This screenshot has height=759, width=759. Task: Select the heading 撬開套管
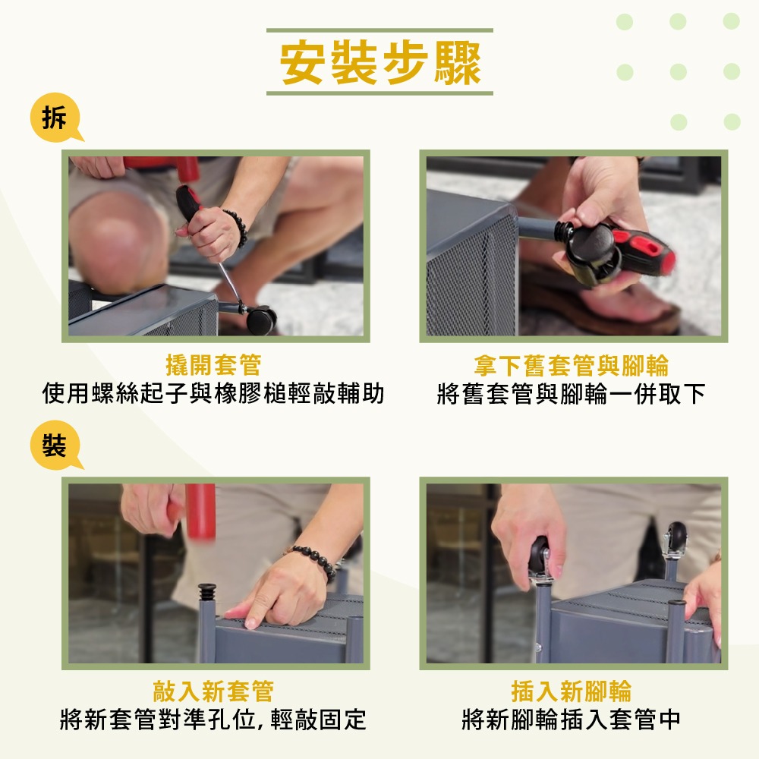click(x=213, y=366)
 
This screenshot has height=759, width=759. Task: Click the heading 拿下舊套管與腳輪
click(x=571, y=366)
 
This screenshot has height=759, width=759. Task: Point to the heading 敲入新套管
click(x=213, y=691)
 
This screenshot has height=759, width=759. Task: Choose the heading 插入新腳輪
click(x=571, y=691)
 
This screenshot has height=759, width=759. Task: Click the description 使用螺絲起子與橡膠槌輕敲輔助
click(x=213, y=394)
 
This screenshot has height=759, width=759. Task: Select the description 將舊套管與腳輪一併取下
click(x=571, y=394)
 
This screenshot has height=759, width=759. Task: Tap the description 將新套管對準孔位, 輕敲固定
click(x=213, y=720)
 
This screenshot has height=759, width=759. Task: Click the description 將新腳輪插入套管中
click(x=571, y=720)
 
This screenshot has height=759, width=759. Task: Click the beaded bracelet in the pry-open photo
click(x=237, y=228)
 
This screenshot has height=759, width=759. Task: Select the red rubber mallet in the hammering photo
click(x=200, y=510)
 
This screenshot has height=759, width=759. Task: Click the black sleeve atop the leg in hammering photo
click(x=207, y=593)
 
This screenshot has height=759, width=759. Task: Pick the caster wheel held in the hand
click(x=540, y=556)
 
